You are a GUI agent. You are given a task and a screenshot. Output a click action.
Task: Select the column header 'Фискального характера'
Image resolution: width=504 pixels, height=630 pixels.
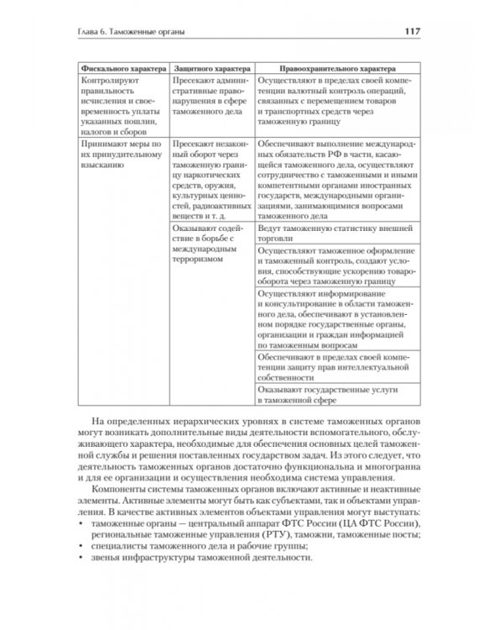coord(119,66)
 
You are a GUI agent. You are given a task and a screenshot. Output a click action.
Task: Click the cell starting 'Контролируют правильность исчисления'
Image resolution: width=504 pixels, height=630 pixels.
coord(119,104)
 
